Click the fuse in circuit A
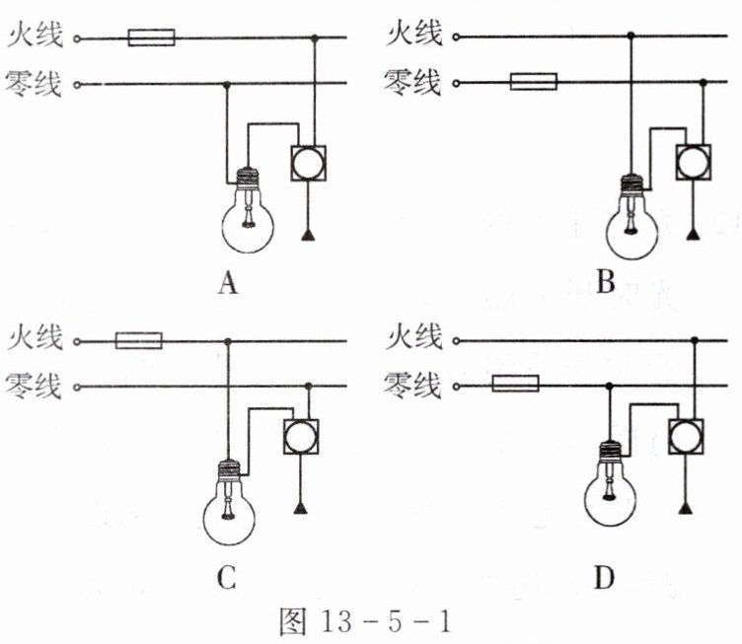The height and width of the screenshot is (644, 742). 152,38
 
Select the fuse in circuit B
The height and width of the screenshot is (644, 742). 533,82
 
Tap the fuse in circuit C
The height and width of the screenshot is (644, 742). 139,341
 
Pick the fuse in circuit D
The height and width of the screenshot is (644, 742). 515,384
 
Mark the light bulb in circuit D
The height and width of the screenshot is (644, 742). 610,490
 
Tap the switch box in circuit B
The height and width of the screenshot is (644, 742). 695,162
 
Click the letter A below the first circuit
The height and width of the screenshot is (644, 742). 228,285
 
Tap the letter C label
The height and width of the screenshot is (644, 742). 227,579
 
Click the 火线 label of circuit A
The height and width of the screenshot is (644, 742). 35,37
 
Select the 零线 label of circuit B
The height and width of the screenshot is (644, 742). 413,83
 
